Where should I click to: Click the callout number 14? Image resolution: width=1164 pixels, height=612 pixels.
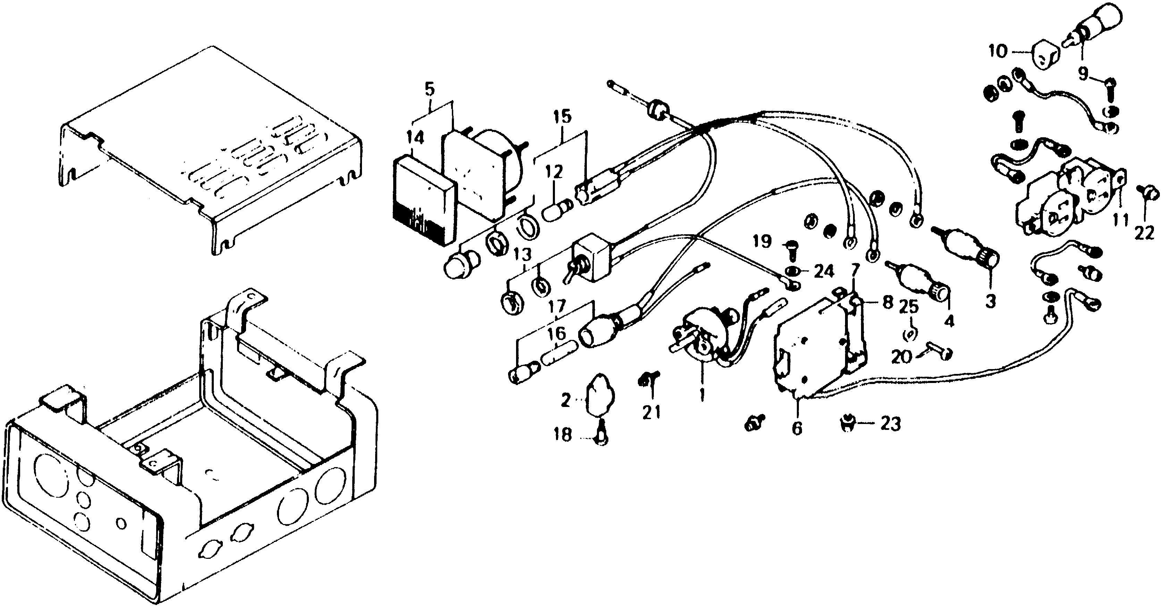click(415, 138)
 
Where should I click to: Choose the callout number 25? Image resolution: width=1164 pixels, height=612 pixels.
click(909, 308)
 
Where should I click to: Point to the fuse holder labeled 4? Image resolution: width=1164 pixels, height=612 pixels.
click(922, 285)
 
